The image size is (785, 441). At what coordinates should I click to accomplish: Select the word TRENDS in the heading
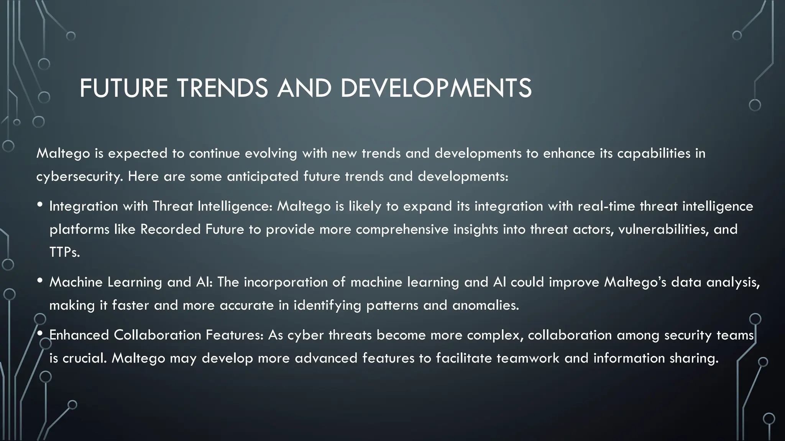click(x=222, y=88)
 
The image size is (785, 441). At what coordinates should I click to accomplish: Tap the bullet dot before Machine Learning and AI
click(x=40, y=281)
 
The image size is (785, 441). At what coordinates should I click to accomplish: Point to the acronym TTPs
click(x=64, y=252)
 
